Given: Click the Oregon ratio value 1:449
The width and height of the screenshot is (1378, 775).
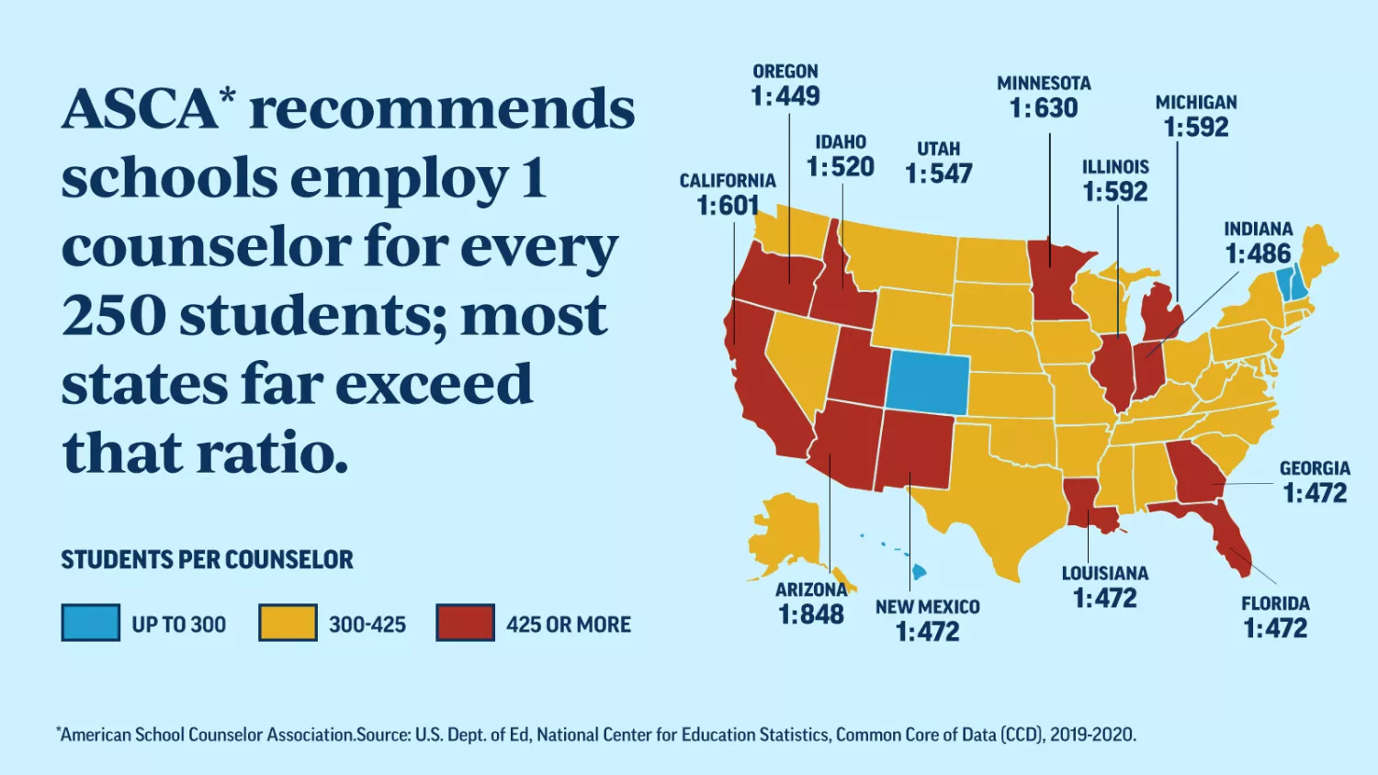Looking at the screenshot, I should [x=785, y=96].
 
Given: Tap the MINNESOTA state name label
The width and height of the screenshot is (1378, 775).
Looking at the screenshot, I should [x=1044, y=84].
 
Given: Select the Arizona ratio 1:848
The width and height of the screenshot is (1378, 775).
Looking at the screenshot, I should [x=811, y=614].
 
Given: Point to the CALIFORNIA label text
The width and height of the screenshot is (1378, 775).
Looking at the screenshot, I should [x=728, y=181].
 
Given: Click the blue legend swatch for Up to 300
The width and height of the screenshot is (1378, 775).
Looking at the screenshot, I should [x=90, y=623].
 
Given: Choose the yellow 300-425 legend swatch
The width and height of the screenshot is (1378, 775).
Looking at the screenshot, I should [x=288, y=623].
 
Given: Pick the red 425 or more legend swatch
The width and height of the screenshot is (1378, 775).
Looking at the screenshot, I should [x=465, y=623].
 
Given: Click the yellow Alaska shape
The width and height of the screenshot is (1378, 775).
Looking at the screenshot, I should [x=785, y=533].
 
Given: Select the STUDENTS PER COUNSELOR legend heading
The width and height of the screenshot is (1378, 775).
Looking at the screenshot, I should [x=207, y=560].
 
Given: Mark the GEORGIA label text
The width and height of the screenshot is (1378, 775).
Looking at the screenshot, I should [x=1315, y=468].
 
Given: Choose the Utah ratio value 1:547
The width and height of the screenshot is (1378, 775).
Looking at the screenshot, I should [x=939, y=174].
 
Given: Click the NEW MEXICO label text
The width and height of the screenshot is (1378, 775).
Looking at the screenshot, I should [x=927, y=607].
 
